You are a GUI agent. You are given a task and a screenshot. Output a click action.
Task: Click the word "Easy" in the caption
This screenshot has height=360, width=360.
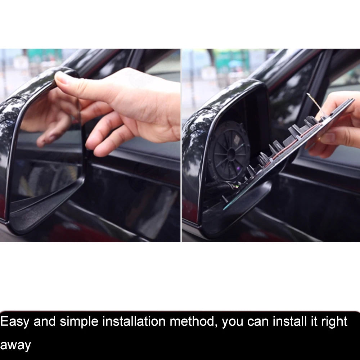pos(14,321)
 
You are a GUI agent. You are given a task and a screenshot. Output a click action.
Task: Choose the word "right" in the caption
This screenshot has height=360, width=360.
pos(333,321)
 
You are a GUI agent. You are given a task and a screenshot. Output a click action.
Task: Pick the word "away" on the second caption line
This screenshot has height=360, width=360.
pos(15,345)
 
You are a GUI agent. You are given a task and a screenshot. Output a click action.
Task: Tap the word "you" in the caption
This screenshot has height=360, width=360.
pos(233,321)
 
